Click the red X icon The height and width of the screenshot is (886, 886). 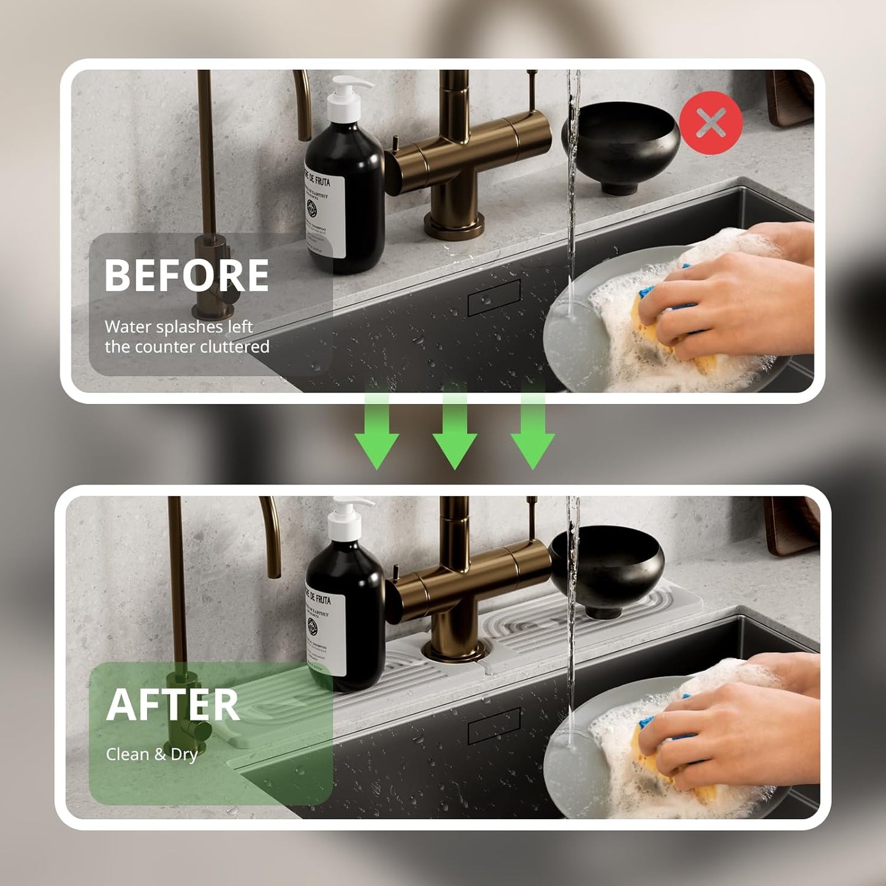click(x=711, y=123)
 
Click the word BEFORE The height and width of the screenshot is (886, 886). click(x=187, y=275)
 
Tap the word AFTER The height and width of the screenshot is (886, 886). click(x=173, y=705)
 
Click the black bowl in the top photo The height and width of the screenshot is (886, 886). click(x=621, y=144)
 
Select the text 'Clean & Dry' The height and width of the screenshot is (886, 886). click(x=151, y=754)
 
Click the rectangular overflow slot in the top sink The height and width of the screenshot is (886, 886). click(x=494, y=297)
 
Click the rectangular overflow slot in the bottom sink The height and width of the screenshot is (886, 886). click(x=494, y=725)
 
